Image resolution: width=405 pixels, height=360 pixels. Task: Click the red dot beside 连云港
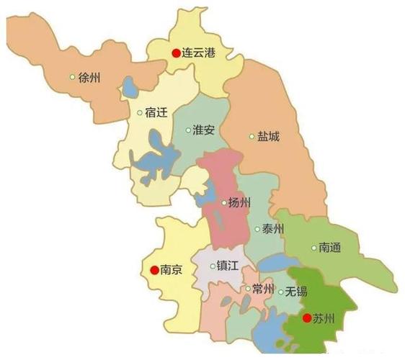point(175,53)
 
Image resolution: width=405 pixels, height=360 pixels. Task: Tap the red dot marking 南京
point(153,271)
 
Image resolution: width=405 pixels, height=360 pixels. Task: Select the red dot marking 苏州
point(306,318)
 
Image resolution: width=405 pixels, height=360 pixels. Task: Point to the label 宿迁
point(157,113)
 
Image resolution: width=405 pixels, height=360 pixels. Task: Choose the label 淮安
point(204,130)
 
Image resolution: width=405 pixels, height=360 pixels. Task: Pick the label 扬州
point(239,202)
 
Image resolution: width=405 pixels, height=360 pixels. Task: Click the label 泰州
point(273,229)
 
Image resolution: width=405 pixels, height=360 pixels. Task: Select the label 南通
point(331,248)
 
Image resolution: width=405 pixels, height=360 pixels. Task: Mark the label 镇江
point(228,266)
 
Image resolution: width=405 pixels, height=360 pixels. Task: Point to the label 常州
point(263,289)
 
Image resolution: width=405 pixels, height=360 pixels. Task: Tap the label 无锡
point(296,292)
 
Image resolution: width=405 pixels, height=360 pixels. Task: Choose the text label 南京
point(172,271)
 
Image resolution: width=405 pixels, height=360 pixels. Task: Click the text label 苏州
point(324,318)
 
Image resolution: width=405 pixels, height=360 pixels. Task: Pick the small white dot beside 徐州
point(72,77)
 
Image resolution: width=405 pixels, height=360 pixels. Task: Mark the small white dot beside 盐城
point(252,136)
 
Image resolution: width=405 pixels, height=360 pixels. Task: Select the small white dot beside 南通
point(313,248)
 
